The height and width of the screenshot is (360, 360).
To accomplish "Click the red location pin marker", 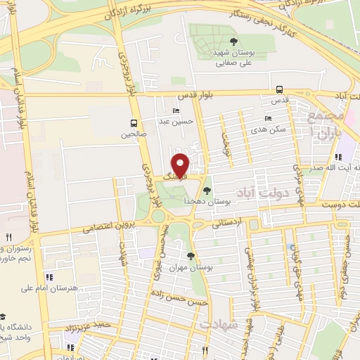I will pyautogui.click(x=181, y=165).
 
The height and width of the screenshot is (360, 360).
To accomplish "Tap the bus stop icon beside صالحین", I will pyautogui.click(x=134, y=120).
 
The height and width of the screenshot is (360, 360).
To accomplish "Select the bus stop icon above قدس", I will pyautogui.click(x=280, y=89).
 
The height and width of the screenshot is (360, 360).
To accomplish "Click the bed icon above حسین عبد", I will pyautogui.click(x=176, y=110).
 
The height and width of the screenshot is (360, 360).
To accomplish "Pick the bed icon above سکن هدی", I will pyautogui.click(x=267, y=118).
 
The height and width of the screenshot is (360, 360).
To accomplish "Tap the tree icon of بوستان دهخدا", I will pyautogui.click(x=207, y=190).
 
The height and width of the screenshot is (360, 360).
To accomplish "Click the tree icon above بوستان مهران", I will pyautogui.click(x=191, y=256).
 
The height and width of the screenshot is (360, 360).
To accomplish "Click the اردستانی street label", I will pyautogui.click(x=227, y=224).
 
